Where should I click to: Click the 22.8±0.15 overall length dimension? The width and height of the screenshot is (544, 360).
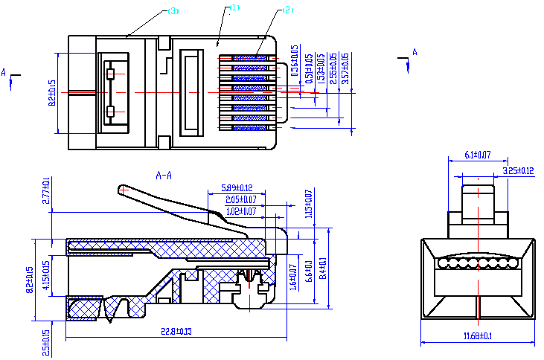[170, 331]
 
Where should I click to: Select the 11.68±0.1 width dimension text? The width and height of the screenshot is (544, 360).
[477, 337]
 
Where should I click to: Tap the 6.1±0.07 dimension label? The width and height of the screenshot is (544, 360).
[477, 155]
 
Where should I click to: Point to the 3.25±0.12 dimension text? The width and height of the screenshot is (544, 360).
[519, 170]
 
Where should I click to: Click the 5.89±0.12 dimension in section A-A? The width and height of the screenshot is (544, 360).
[237, 187]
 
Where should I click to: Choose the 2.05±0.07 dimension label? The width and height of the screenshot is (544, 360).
[241, 199]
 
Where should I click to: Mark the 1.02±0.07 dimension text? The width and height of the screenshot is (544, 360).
[240, 211]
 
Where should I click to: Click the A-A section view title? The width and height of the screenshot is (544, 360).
[164, 176]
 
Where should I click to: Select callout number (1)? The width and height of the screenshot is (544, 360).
[234, 7]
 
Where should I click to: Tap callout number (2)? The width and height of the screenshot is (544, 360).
[288, 10]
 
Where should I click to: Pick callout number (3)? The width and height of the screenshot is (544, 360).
[173, 11]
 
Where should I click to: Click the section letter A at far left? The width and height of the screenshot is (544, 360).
[4, 72]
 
